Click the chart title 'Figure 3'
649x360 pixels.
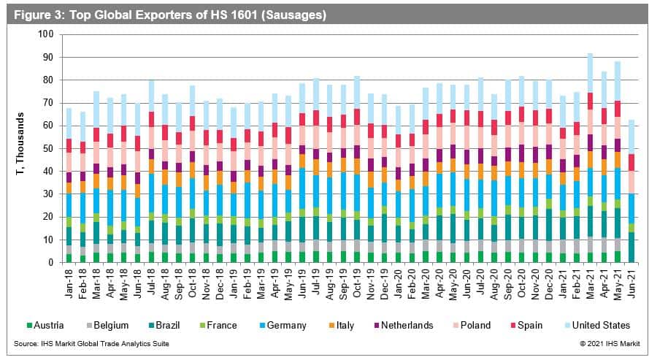(166, 14)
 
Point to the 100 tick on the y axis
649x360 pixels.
(45, 34)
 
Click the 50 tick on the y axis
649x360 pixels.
(48, 148)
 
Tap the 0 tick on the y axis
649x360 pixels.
(50, 262)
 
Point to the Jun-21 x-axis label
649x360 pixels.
(631, 280)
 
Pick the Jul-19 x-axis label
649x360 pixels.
(315, 280)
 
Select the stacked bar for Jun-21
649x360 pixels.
(631, 191)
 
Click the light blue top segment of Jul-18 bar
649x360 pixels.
(151, 96)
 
